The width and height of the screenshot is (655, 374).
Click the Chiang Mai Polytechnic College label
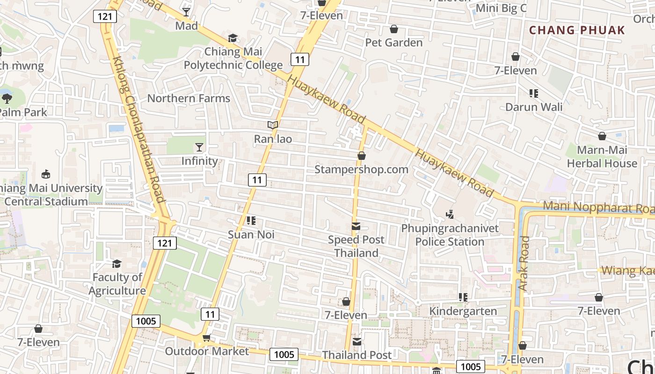(x=233, y=58)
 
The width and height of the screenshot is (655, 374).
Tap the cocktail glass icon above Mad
(x=186, y=12)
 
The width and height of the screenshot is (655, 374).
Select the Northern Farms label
(x=189, y=98)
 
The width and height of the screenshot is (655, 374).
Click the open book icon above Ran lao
(x=273, y=125)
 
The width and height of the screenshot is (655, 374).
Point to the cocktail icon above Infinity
(x=199, y=147)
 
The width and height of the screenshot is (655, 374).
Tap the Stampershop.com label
(x=361, y=169)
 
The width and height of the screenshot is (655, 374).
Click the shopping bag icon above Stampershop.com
(x=361, y=156)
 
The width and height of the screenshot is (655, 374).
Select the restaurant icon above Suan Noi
(x=251, y=220)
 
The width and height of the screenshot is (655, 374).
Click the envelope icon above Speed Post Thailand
(x=356, y=227)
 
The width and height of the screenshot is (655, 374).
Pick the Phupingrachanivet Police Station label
(x=450, y=235)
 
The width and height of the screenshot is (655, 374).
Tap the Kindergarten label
(x=463, y=311)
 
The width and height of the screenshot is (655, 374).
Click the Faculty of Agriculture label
(x=117, y=284)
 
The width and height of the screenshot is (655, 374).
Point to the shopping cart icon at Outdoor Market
(x=206, y=338)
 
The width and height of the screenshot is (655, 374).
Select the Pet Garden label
(x=393, y=43)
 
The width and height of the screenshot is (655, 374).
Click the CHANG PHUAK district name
(x=577, y=30)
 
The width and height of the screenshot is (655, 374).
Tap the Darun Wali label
(x=534, y=107)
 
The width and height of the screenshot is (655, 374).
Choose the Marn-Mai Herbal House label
(x=602, y=157)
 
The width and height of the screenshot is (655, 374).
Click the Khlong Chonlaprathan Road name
(x=139, y=129)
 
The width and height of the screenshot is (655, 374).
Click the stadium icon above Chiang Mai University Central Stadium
(x=45, y=174)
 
